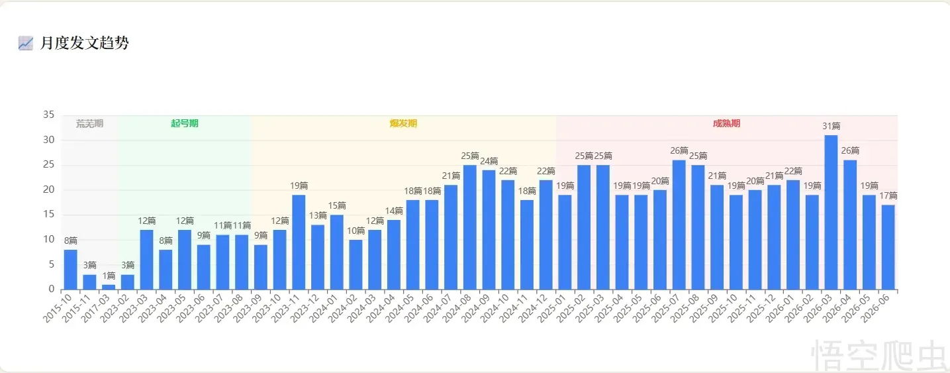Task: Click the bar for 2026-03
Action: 831,212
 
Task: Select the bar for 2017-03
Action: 109,287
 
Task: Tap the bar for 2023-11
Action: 299,242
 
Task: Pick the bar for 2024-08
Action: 470,227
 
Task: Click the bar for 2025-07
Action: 679,225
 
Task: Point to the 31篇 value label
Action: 831,126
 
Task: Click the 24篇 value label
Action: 489,161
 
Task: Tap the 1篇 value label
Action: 109,276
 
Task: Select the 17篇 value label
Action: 888,195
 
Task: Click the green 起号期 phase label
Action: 185,123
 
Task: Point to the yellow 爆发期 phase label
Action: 403,123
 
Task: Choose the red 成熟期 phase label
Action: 726,123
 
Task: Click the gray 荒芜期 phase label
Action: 89,123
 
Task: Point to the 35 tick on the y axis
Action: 49,115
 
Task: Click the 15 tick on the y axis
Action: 49,214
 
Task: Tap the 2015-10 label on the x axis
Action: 58,308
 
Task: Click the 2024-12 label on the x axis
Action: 534,308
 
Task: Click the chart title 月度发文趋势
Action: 84,43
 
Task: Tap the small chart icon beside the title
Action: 25,43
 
